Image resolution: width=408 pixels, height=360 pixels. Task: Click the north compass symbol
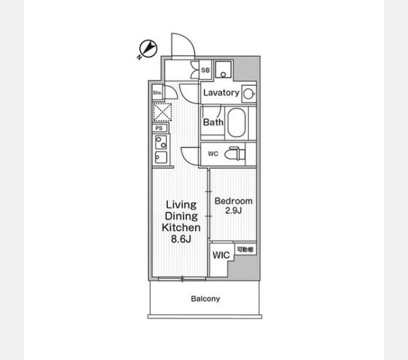tap(148, 49)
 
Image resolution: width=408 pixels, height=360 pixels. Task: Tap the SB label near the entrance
tap(206, 70)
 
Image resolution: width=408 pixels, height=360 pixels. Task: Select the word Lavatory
tap(221, 92)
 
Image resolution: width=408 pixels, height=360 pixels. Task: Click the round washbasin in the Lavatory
tap(249, 94)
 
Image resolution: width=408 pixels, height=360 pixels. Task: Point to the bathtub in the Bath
tap(236, 122)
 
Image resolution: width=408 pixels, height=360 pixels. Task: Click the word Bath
tap(213, 122)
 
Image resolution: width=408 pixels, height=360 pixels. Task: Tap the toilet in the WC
tap(235, 154)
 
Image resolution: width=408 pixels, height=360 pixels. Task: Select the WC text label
tap(213, 154)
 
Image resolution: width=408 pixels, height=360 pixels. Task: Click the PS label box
tap(159, 128)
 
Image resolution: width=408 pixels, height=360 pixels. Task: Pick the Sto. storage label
tap(157, 92)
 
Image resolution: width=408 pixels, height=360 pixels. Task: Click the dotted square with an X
tap(163, 112)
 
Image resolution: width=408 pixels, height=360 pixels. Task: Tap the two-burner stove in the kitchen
tap(161, 142)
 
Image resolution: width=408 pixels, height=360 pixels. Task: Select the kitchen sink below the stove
tap(161, 157)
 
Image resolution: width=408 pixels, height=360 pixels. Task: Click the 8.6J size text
tap(181, 239)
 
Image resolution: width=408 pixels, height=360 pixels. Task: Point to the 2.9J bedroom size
tap(233, 210)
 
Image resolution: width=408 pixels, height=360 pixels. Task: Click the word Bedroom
tap(233, 201)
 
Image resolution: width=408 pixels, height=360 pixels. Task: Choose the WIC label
tap(221, 255)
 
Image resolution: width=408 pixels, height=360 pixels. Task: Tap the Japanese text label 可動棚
tap(245, 249)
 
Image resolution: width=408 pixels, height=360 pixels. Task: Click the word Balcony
tap(205, 299)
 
